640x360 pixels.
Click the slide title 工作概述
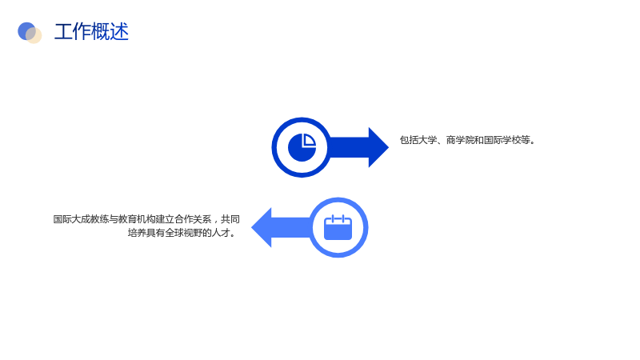point(91,31)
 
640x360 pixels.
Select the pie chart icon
point(302,147)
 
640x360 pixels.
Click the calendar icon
point(338,227)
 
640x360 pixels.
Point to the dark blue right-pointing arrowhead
point(378,147)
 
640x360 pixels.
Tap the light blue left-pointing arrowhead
point(262,227)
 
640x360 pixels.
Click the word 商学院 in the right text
point(459,140)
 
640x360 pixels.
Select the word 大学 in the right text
point(427,140)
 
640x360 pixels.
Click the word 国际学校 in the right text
point(502,140)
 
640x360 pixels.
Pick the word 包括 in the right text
point(409,140)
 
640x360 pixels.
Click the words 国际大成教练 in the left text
point(82,219)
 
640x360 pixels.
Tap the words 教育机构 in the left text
point(137,219)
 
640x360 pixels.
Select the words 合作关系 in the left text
point(193,219)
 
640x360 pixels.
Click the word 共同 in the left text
point(230,219)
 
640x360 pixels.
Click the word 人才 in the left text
point(221,233)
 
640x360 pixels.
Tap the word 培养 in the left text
point(137,233)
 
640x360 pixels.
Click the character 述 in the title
point(119,31)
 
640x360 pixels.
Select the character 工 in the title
point(63,31)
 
